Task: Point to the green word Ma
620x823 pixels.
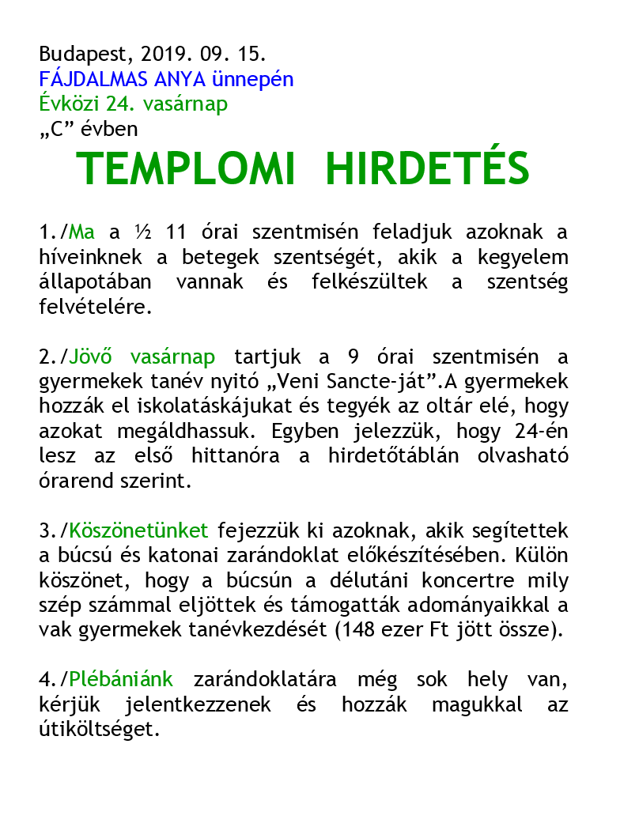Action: pos(82,233)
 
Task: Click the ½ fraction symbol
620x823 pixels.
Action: pos(142,233)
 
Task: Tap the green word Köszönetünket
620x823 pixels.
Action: pos(139,531)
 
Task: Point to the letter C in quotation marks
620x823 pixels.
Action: pos(55,129)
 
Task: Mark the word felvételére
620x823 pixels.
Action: pos(95,308)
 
